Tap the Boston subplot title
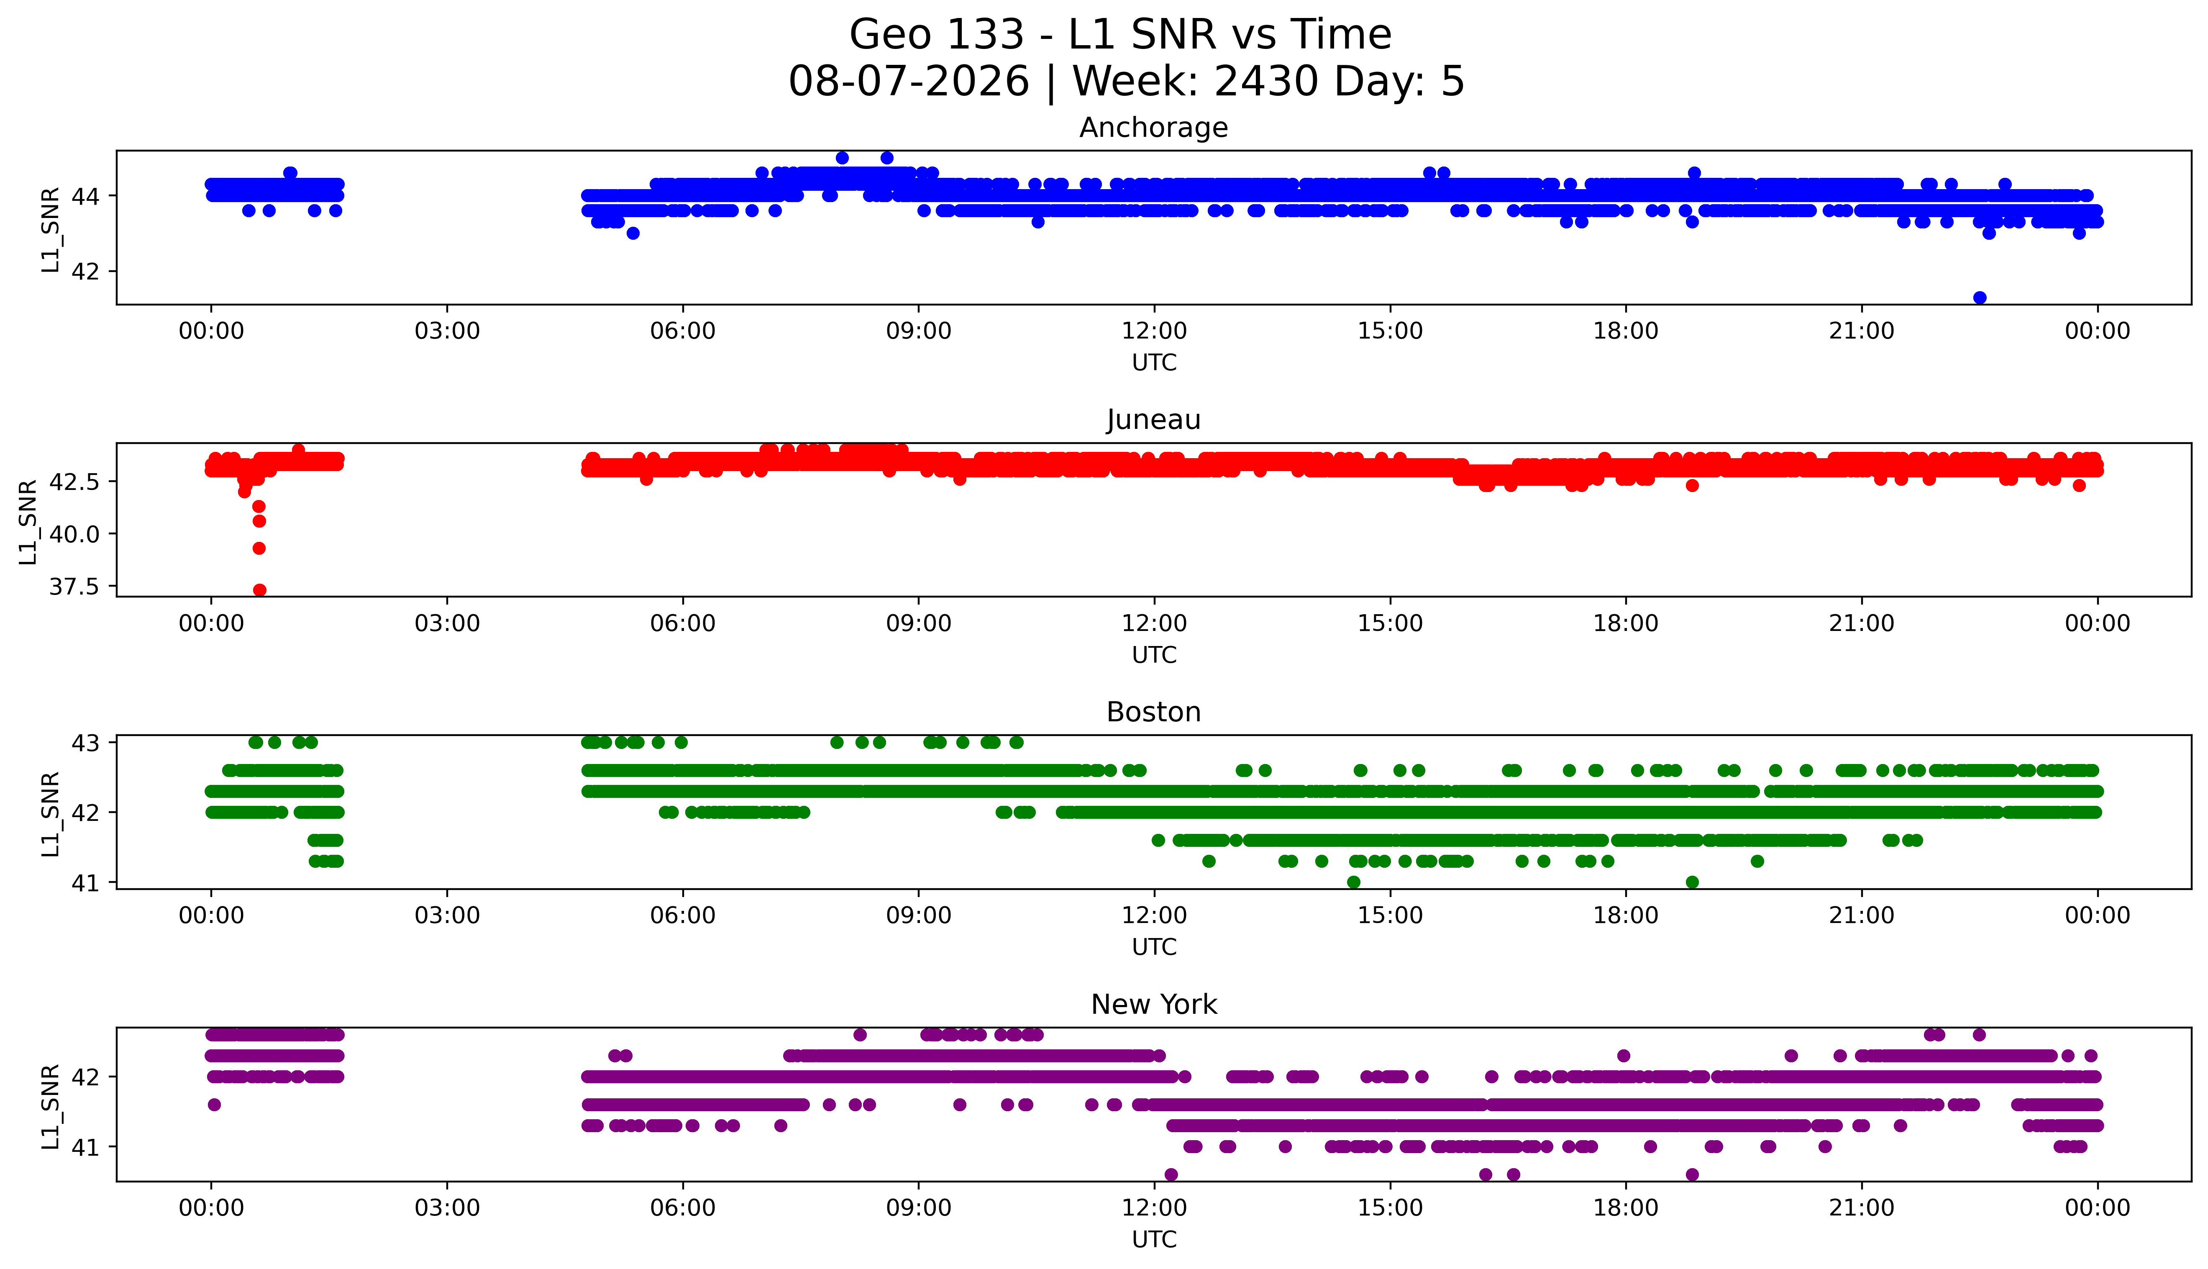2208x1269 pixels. [x=1154, y=712]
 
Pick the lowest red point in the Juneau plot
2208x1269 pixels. [x=259, y=590]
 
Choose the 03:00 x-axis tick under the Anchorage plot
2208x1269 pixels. [x=447, y=331]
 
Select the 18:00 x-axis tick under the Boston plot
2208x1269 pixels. [x=1626, y=915]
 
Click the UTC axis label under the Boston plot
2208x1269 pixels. [x=1154, y=946]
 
